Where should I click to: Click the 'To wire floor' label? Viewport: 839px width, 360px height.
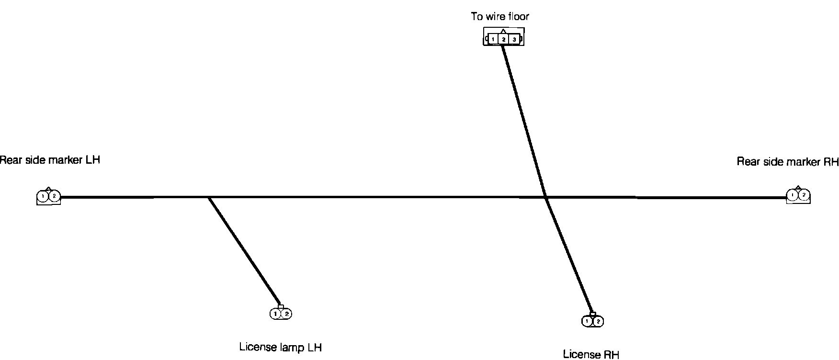click(x=500, y=17)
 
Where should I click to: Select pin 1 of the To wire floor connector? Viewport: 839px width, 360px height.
click(x=493, y=39)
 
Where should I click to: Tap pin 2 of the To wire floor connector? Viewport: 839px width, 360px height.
click(x=503, y=39)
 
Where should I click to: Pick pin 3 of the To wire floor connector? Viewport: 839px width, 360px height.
click(x=514, y=39)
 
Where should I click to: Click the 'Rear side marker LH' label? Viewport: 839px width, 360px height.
click(x=50, y=160)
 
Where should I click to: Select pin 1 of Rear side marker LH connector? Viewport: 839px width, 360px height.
click(x=43, y=196)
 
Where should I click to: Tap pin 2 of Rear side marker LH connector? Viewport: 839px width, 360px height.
click(x=54, y=196)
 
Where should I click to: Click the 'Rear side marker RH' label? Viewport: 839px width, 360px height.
click(x=787, y=162)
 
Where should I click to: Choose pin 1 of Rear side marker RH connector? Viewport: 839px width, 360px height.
click(x=793, y=195)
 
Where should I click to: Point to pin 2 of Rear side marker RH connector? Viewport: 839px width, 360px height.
click(x=804, y=195)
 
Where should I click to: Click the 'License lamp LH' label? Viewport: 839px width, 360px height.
click(x=280, y=347)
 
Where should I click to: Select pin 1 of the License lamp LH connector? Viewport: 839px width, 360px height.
click(x=275, y=314)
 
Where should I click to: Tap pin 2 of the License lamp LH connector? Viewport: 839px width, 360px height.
click(x=286, y=314)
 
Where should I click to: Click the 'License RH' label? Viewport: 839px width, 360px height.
click(x=591, y=355)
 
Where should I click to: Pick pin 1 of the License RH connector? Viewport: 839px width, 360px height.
click(x=587, y=321)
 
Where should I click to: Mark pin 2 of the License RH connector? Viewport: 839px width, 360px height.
click(x=598, y=321)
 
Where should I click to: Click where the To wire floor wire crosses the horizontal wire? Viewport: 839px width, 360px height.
click(x=546, y=197)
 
